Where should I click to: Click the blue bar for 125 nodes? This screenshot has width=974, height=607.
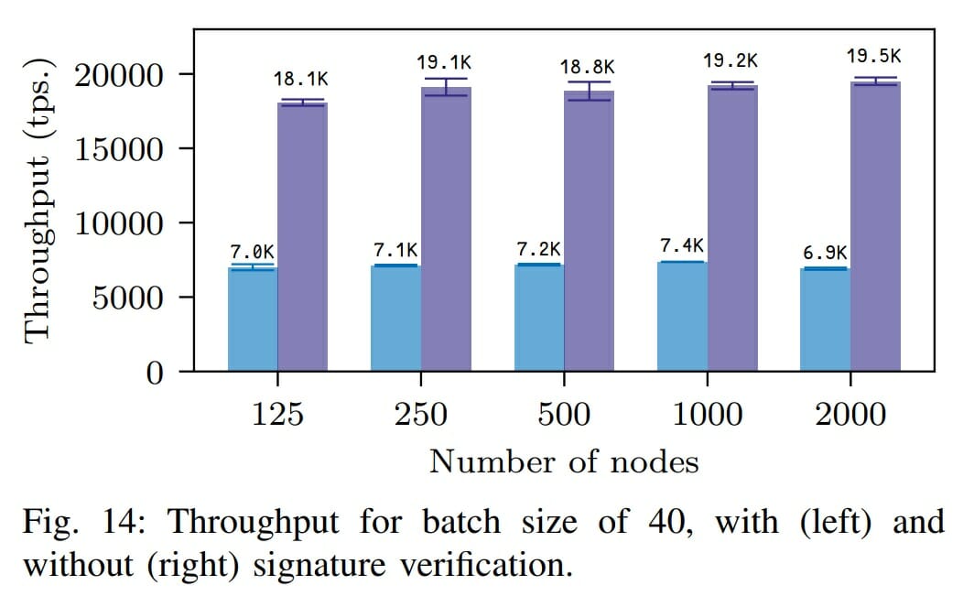253,320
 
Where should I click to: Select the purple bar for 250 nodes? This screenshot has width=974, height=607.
446,229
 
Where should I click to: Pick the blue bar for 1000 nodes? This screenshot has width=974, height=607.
682,317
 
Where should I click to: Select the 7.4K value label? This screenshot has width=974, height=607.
682,245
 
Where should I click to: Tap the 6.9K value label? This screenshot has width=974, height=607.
825,252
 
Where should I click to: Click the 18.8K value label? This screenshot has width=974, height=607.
588,67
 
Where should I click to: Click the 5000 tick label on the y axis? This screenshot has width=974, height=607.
132,298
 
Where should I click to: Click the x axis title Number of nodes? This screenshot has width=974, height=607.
564,461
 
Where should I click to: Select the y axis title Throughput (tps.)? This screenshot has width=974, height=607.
40,200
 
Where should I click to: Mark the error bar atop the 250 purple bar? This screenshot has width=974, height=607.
446,87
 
